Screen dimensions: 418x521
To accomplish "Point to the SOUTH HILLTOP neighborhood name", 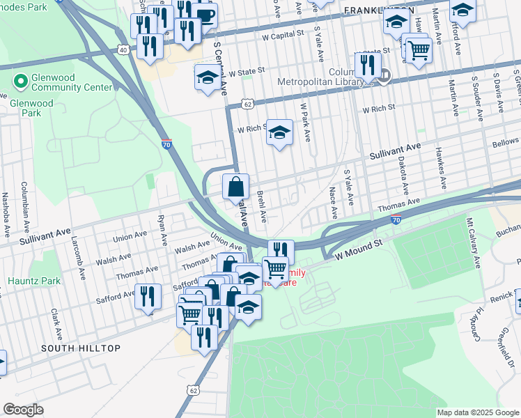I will [80, 348].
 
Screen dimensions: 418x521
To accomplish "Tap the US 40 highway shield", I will [123, 49].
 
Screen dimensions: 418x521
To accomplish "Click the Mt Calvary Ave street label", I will [472, 242].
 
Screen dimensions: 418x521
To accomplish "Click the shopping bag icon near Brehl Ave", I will [235, 187].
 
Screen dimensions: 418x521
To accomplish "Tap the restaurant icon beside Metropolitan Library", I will [366, 66].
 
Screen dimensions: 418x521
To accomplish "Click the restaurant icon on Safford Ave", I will [148, 297].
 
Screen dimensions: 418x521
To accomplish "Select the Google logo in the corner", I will [24, 410].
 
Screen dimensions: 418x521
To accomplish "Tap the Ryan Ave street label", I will [162, 229].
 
